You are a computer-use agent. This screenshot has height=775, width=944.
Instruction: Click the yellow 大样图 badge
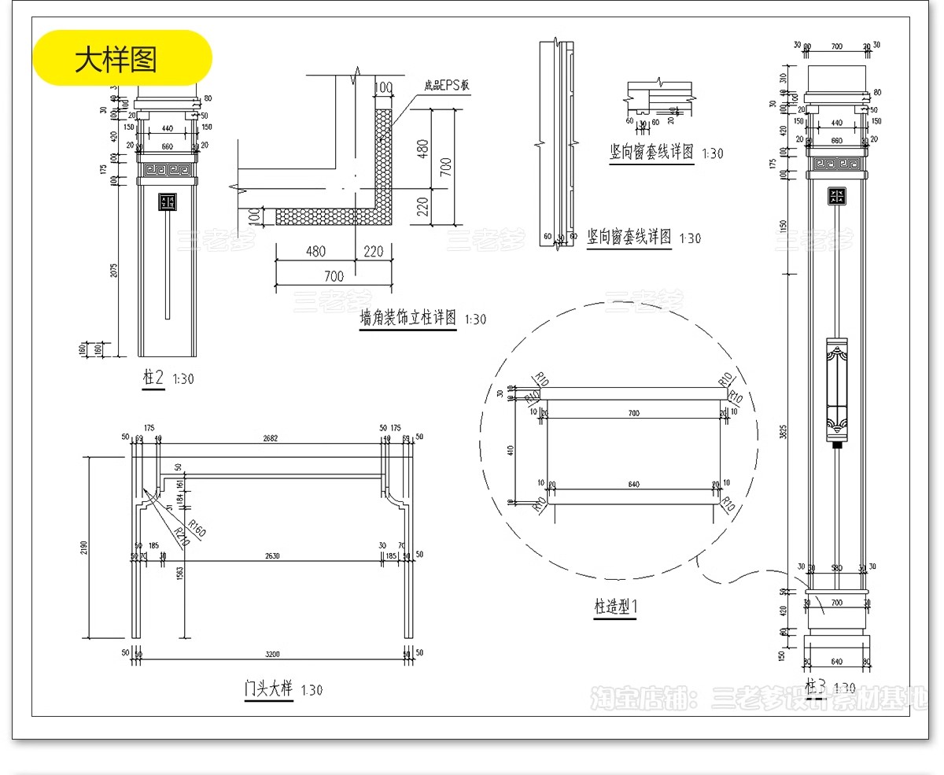(122, 58)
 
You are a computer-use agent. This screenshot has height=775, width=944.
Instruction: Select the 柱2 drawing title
(153, 378)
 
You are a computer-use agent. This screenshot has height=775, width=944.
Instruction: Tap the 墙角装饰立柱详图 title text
(407, 319)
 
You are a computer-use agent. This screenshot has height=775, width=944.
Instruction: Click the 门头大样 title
(268, 689)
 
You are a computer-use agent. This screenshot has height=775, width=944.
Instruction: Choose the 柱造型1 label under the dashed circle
(614, 607)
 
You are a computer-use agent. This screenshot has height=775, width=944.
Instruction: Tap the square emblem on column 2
(167, 203)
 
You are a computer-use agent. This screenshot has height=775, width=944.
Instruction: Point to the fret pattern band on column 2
(167, 168)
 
